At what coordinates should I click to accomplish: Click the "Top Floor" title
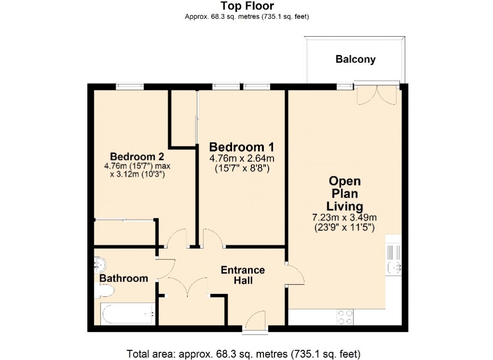pos(247,6)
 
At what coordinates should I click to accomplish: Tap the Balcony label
pos(355,60)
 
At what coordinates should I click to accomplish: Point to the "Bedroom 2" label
pos(137,157)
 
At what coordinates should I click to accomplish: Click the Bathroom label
pos(124,279)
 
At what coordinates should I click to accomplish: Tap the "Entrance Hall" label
pos(243,275)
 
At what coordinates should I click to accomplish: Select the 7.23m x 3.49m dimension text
pos(344,217)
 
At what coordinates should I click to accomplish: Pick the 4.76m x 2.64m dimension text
pos(242,158)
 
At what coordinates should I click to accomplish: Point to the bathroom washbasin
pos(101,264)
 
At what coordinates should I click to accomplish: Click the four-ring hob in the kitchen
pos(345,317)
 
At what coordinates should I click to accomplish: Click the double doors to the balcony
pos(377,95)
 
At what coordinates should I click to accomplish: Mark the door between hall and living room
pos(295,275)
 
